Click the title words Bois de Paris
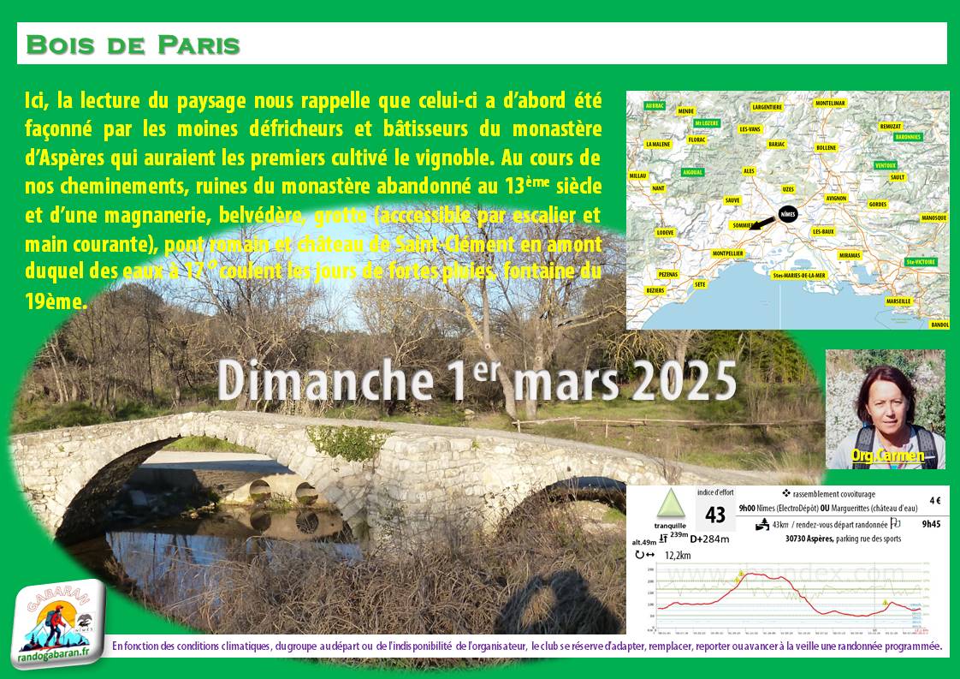pyautogui.click(x=133, y=45)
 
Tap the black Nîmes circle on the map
pyautogui.click(x=788, y=215)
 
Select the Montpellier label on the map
pyautogui.click(x=728, y=253)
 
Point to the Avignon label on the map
pyautogui.click(x=836, y=198)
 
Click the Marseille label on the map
pyautogui.click(x=898, y=301)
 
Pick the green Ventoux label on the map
pyautogui.click(x=886, y=164)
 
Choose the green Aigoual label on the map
pyautogui.click(x=692, y=172)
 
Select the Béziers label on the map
pyautogui.click(x=655, y=291)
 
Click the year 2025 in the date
pyautogui.click(x=684, y=380)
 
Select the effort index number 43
pyautogui.click(x=715, y=515)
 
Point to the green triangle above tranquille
pyautogui.click(x=670, y=503)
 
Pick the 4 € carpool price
pyautogui.click(x=934, y=501)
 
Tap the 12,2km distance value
pyautogui.click(x=679, y=555)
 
